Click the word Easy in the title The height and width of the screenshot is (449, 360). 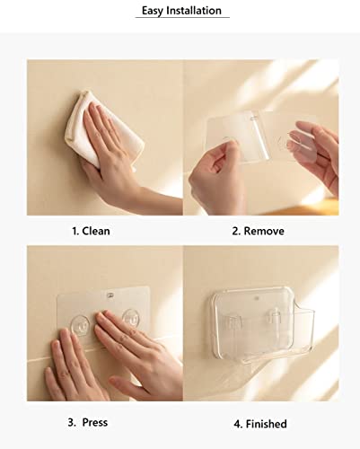pos(153,11)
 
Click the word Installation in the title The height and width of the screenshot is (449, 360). pos(194,10)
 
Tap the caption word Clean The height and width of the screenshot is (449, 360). pos(96,231)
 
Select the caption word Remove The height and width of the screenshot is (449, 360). pos(264,231)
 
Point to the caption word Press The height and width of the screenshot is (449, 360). pos(95,422)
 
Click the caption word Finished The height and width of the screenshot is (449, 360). pos(266,424)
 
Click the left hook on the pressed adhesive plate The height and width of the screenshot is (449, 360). pos(80,324)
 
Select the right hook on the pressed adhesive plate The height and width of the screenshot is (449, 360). pos(131,318)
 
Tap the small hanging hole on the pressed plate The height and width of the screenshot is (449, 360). pos(110,295)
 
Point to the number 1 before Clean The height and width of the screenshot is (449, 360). pos(75,231)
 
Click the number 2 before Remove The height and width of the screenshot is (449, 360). pos(236,231)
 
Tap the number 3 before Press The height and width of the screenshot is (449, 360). pos(72,422)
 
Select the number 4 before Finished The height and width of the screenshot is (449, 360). pos(238,424)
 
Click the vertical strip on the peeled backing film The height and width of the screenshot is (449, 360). pos(259,137)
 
